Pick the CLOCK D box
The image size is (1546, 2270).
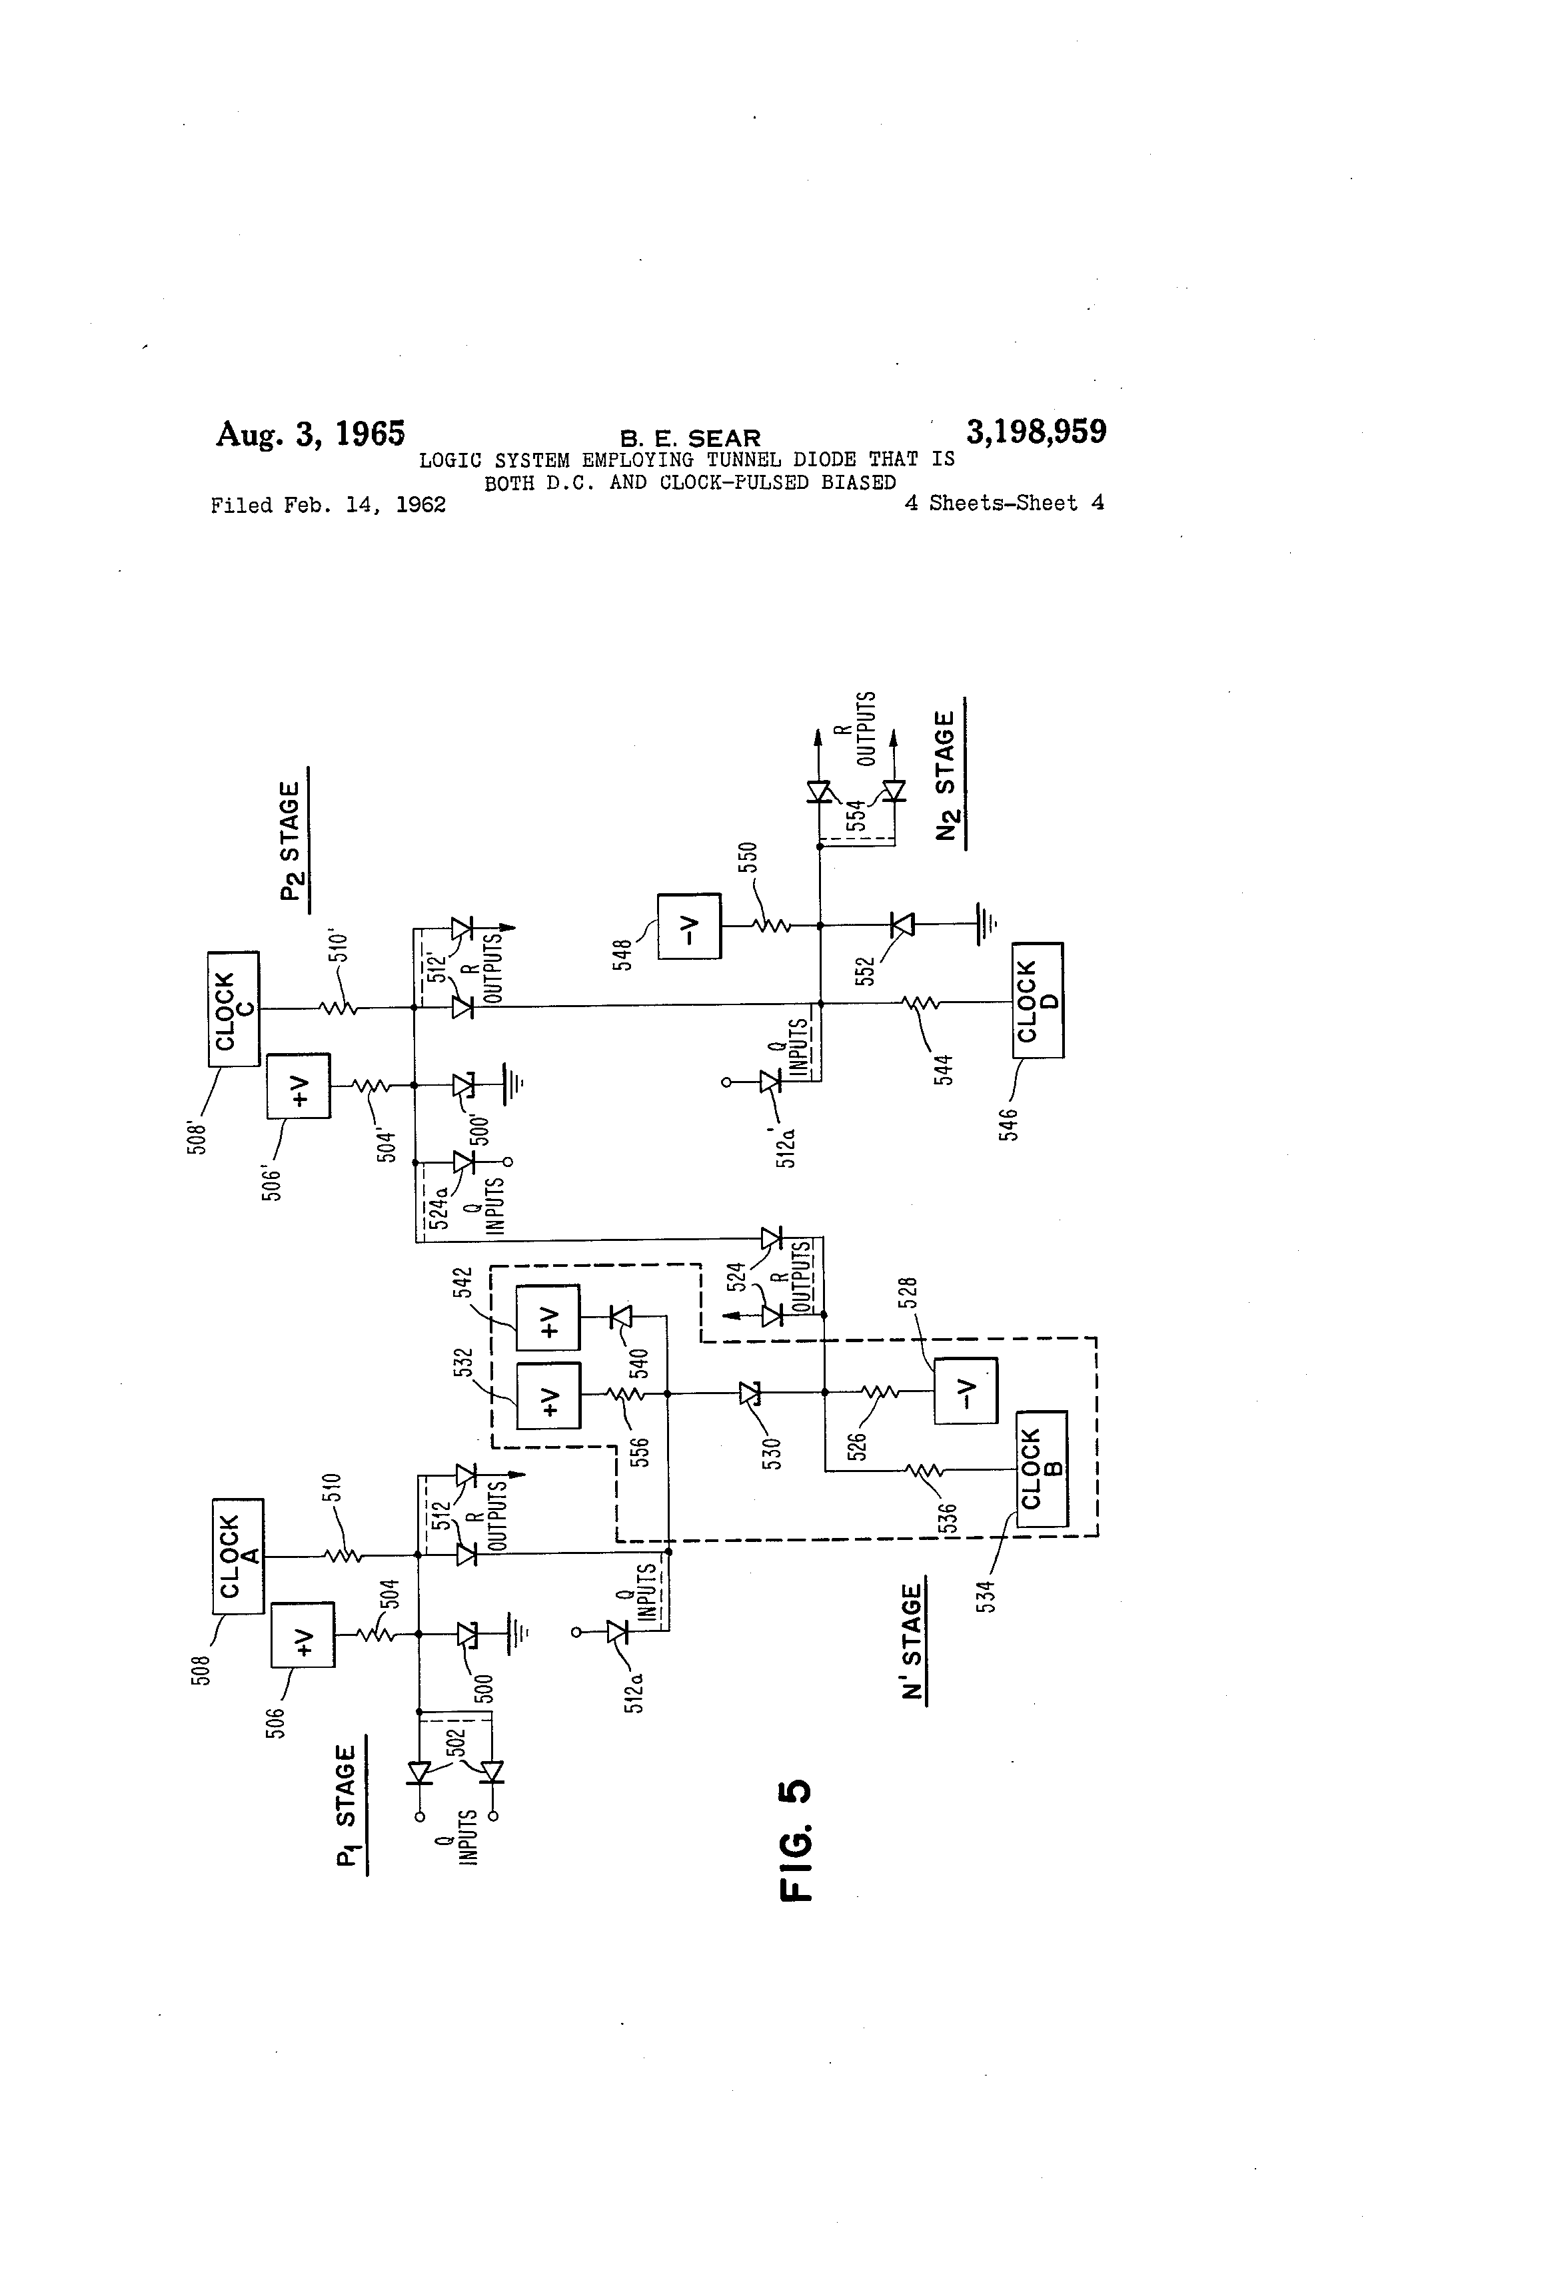(1038, 1000)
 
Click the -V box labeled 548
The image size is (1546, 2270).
(689, 926)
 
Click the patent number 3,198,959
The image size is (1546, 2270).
(1036, 432)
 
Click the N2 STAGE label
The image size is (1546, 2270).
(946, 775)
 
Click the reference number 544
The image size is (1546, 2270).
(943, 1070)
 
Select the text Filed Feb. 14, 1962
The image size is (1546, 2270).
(329, 505)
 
